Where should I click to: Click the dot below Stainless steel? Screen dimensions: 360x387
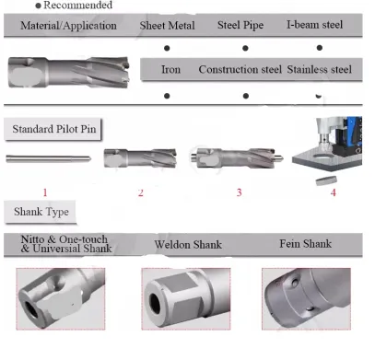(x=319, y=95)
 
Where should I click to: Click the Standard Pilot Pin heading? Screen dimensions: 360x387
(x=53, y=129)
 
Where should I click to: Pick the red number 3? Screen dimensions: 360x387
(x=239, y=192)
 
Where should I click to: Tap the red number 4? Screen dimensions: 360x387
(x=334, y=192)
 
